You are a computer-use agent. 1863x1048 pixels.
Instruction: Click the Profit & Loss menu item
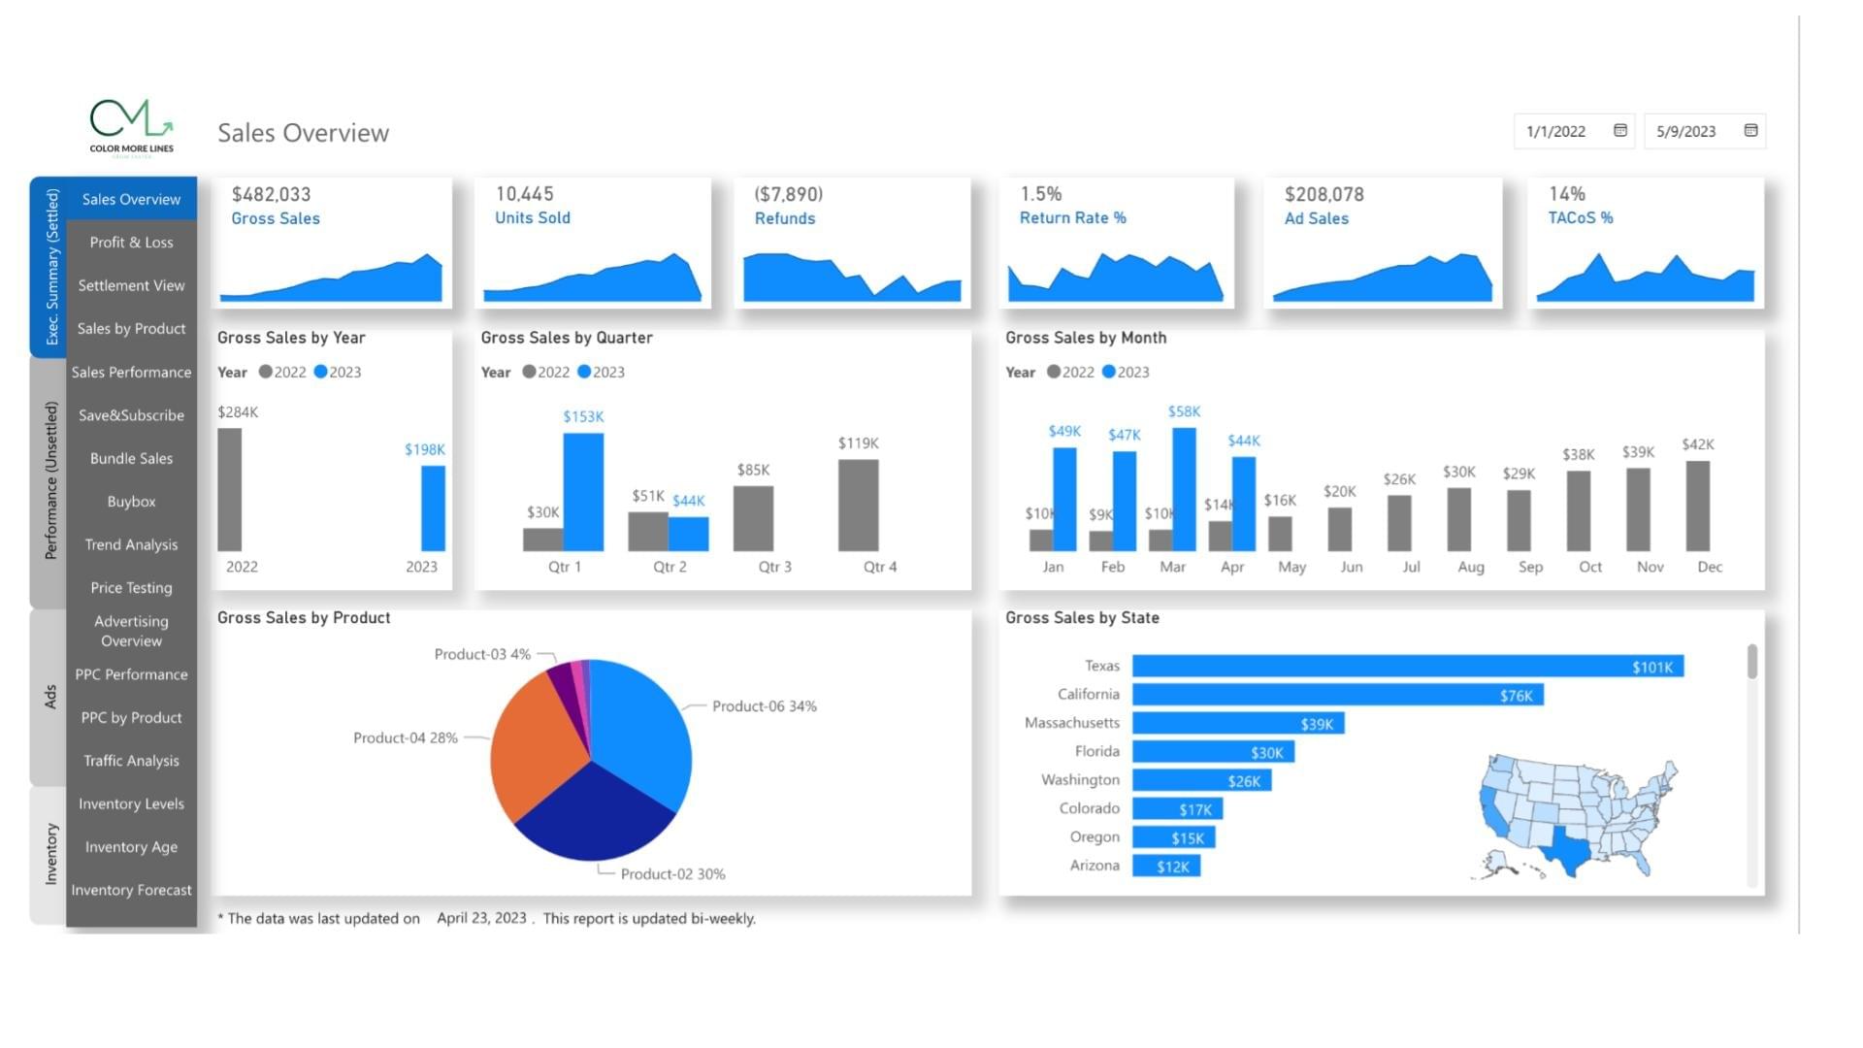(x=131, y=243)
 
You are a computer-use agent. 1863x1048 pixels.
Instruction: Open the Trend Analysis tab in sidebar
(x=131, y=544)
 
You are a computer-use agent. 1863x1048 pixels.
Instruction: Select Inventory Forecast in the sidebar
(x=131, y=890)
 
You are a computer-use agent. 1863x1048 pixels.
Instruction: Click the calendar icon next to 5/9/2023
(x=1750, y=130)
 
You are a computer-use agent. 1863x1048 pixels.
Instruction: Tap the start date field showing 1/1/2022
(x=1556, y=131)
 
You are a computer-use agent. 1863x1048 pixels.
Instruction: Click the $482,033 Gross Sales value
(x=271, y=194)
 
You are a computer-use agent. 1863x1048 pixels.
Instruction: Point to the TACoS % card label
(x=1580, y=218)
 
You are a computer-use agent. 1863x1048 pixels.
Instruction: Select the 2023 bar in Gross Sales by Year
(x=433, y=508)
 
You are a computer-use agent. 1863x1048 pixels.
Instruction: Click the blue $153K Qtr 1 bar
(x=583, y=492)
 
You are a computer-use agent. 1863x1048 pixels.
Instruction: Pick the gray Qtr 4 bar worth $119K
(x=858, y=505)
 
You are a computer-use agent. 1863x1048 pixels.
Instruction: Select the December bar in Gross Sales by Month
(x=1697, y=506)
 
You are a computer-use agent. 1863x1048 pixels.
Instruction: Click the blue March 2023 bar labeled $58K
(x=1184, y=489)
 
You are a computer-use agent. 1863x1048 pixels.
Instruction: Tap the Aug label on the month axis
(x=1470, y=567)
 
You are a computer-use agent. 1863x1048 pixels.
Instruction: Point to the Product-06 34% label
(x=764, y=706)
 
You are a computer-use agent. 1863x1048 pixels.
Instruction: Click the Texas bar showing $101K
(x=1407, y=667)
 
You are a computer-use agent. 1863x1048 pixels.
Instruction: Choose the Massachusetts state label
(x=1071, y=723)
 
